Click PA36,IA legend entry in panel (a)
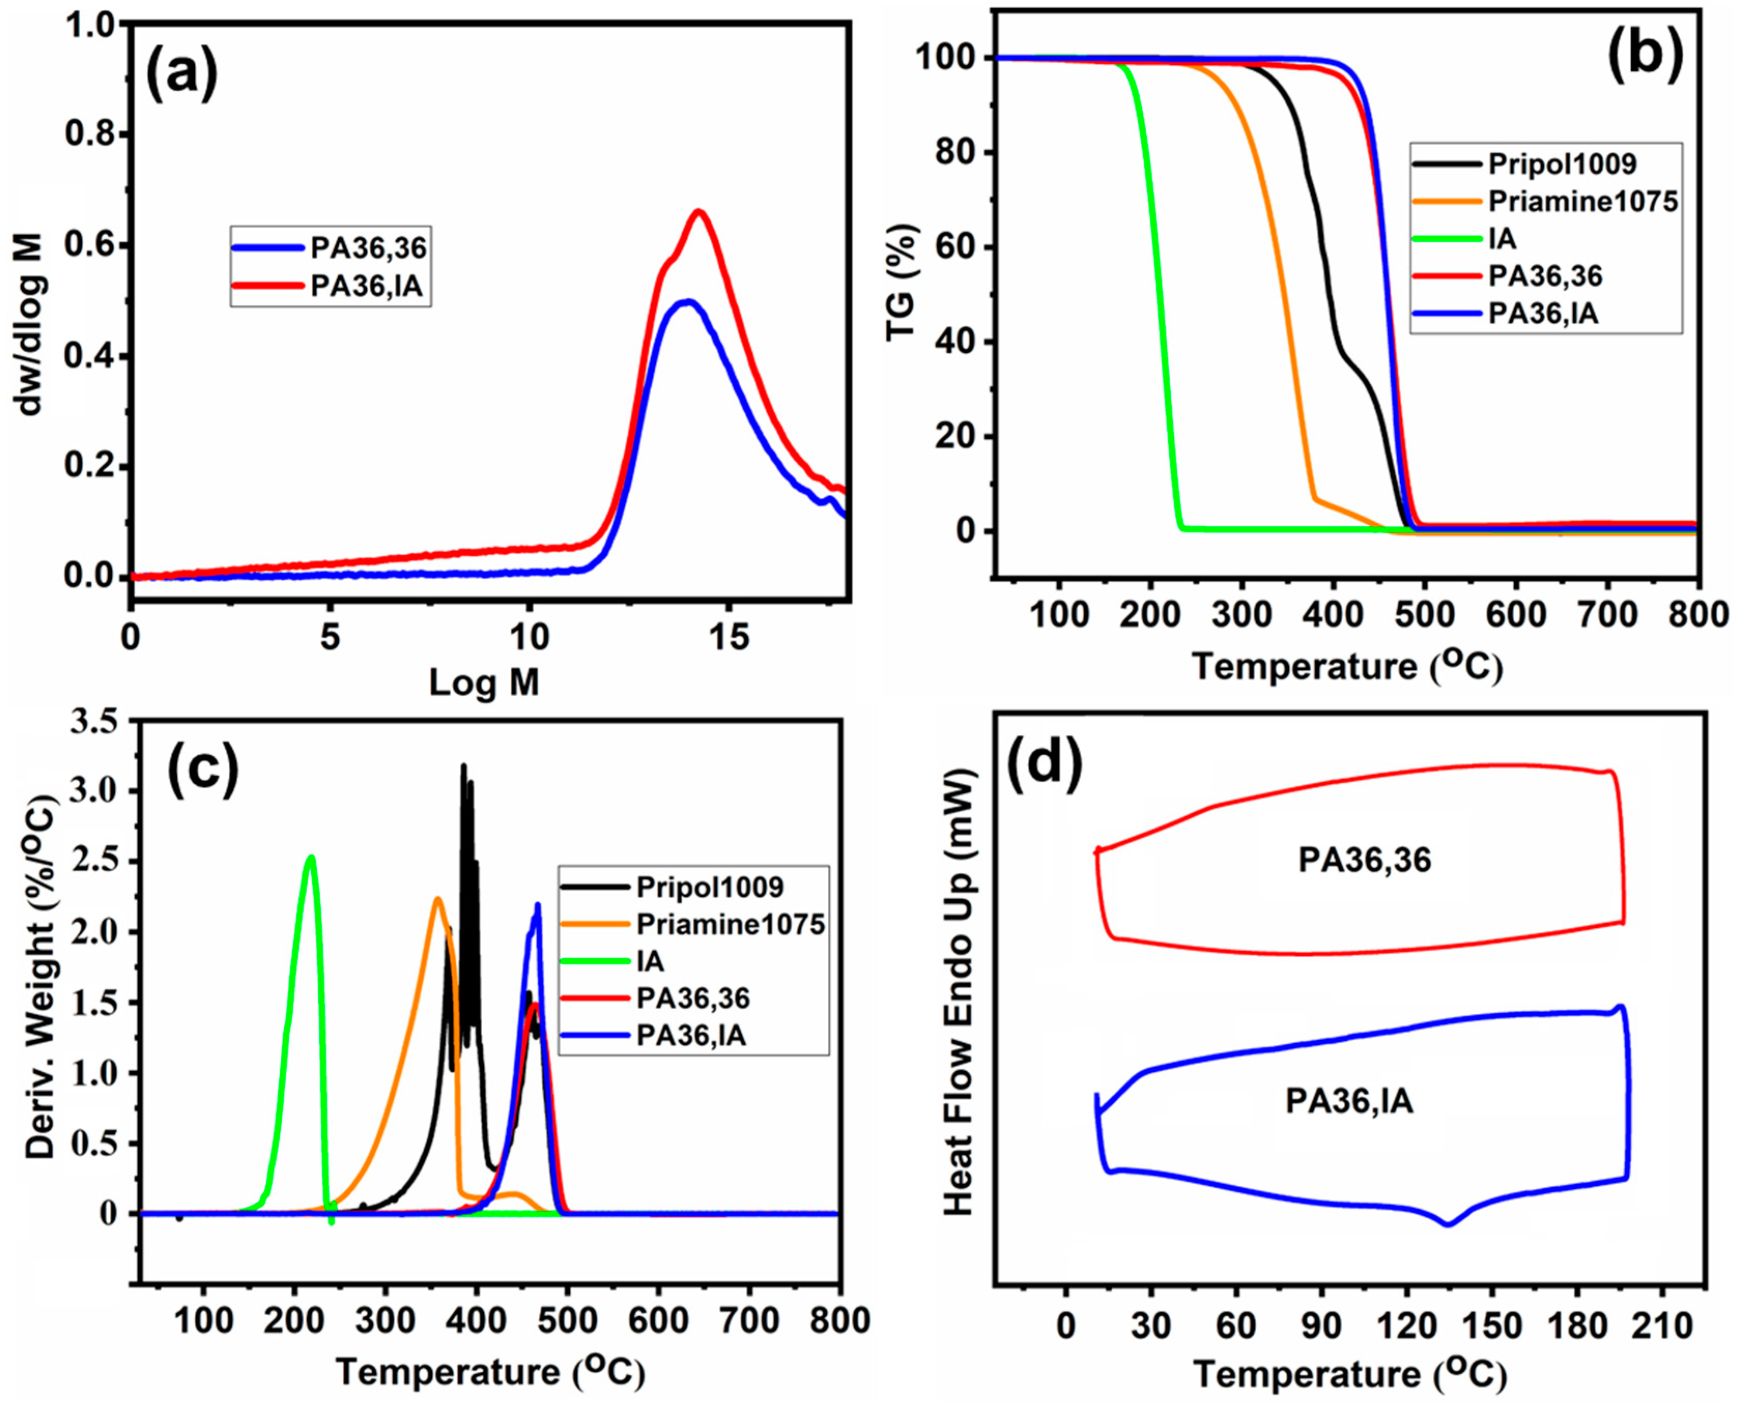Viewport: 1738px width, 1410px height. pos(367,286)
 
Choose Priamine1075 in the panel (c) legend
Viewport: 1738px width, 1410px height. pos(730,924)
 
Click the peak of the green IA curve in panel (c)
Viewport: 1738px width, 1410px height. pos(309,856)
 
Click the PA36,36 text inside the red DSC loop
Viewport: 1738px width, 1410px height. pos(1364,860)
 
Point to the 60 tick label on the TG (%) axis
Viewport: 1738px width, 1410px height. pos(956,248)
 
